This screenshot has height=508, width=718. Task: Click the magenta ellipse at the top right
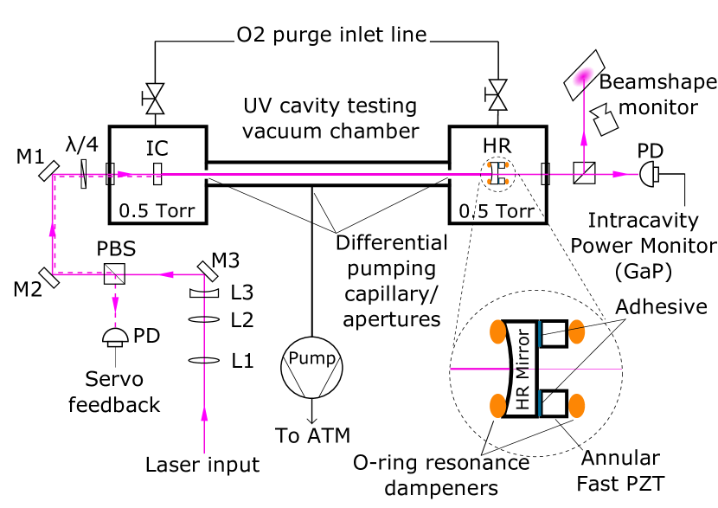[x=583, y=77]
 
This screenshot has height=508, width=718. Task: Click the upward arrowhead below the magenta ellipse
[x=584, y=138]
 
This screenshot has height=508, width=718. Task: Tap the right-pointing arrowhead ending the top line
[x=618, y=174]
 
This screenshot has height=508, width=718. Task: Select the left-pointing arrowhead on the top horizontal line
[x=122, y=174]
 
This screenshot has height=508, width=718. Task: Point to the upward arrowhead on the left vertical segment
[x=53, y=230]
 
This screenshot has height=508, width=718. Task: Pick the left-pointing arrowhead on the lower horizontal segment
[x=168, y=274]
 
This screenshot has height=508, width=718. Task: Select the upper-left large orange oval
[x=497, y=331]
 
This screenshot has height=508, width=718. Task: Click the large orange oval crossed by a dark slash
[x=576, y=331]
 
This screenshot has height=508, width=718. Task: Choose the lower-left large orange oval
[x=497, y=406]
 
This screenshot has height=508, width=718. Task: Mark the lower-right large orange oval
[x=576, y=406]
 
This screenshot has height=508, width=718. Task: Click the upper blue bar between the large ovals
[x=539, y=333]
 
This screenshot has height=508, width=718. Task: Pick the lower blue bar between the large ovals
[x=539, y=402]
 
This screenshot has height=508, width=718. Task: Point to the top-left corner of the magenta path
[x=53, y=175]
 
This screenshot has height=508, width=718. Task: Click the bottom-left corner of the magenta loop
[x=53, y=274]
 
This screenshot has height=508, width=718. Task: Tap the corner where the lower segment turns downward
[x=204, y=274]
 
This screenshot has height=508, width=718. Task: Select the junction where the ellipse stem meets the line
[x=584, y=174]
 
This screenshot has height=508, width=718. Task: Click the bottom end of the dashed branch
[x=115, y=326]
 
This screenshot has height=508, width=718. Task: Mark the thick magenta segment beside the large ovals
[x=479, y=369]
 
